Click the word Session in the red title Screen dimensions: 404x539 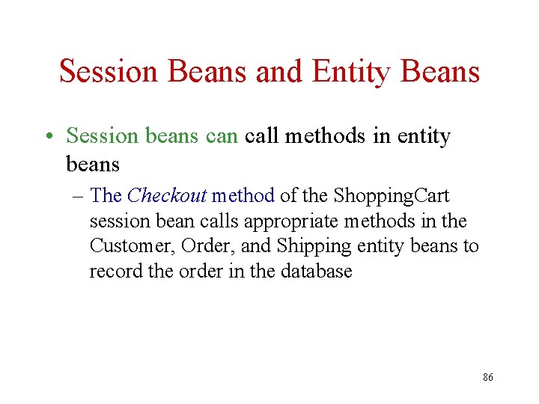pos(110,71)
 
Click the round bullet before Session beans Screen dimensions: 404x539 pos(47,137)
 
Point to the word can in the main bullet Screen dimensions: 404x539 pos(220,136)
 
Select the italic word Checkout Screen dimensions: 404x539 pos(166,196)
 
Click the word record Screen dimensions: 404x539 pos(116,271)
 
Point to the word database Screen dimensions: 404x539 pos(316,271)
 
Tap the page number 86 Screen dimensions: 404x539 pos(487,378)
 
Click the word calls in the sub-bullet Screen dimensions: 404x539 pos(240,221)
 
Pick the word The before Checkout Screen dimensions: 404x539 pos(106,196)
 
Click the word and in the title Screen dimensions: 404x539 pos(279,71)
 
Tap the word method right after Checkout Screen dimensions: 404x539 pos(243,196)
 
